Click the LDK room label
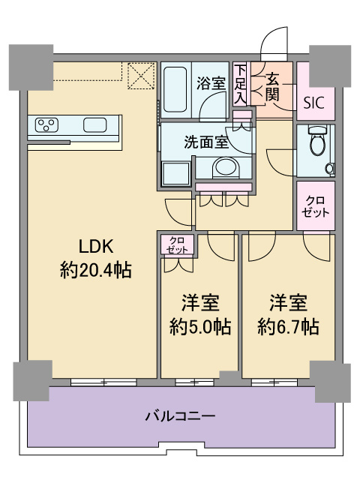pyautogui.click(x=96, y=247)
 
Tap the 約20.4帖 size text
pyautogui.click(x=96, y=270)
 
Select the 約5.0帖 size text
pyautogui.click(x=200, y=327)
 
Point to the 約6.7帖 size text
pyautogui.click(x=288, y=327)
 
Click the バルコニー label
pyautogui.click(x=180, y=416)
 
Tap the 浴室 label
pyautogui.click(x=211, y=83)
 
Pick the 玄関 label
pyautogui.click(x=272, y=88)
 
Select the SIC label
pyautogui.click(x=313, y=103)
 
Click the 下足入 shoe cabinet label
pyautogui.click(x=240, y=84)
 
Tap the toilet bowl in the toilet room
pyautogui.click(x=318, y=141)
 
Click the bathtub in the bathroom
pyautogui.click(x=175, y=90)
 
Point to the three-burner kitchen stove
pyautogui.click(x=46, y=125)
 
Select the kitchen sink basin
pyautogui.click(x=95, y=125)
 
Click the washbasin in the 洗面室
pyautogui.click(x=226, y=167)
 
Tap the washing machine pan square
pyautogui.click(x=175, y=174)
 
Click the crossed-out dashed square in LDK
pyautogui.click(x=141, y=76)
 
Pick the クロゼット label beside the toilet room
pyautogui.click(x=315, y=206)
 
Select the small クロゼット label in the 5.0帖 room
pyautogui.click(x=177, y=245)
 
